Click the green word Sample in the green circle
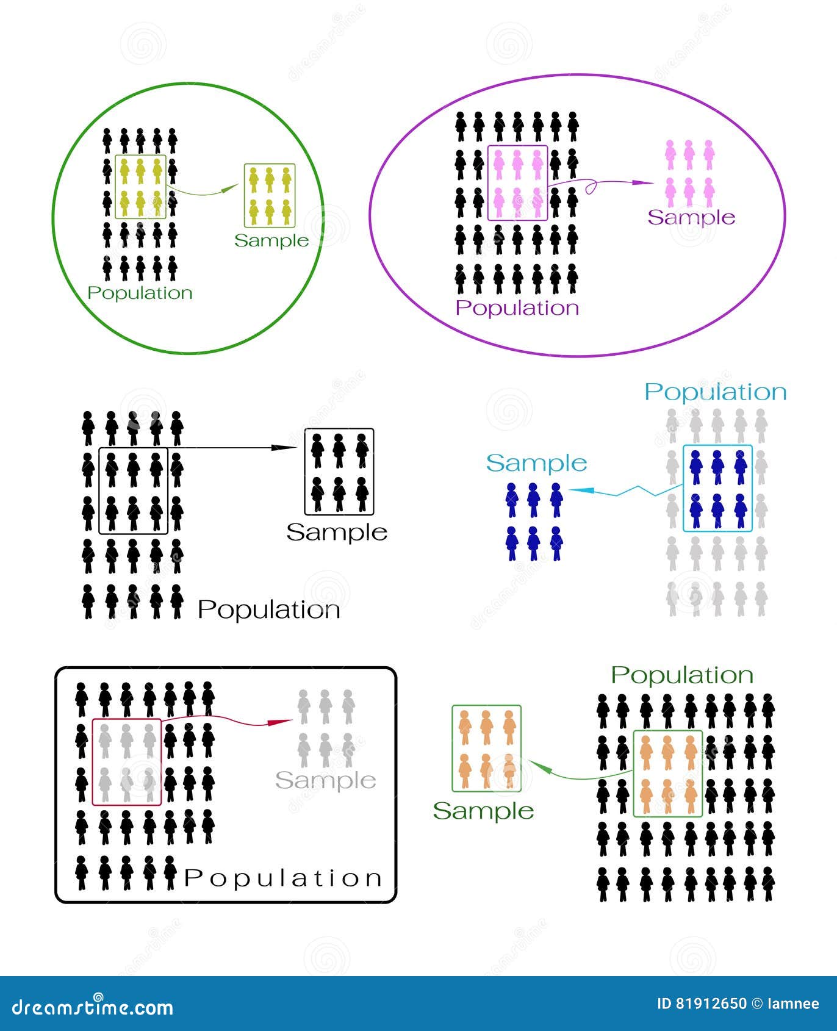(271, 241)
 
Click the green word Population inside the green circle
(140, 293)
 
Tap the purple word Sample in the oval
(691, 218)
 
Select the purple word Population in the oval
(517, 308)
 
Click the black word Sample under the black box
(337, 533)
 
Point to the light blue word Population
(716, 392)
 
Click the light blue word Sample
(536, 464)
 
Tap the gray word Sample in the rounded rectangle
(325, 781)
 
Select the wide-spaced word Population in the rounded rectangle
(282, 878)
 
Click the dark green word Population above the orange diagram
(682, 675)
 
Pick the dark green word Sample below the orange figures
(483, 811)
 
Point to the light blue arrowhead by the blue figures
(573, 490)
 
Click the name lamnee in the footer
(794, 1004)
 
